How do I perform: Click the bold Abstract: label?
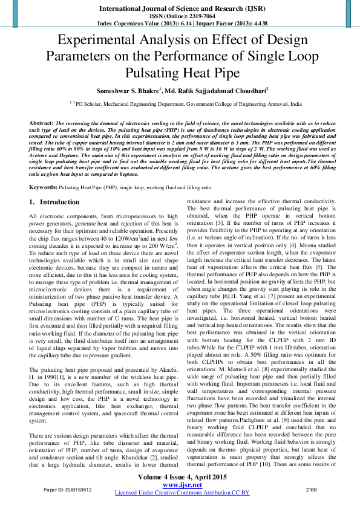point(41,123)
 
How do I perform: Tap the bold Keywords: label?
point(44,172)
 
